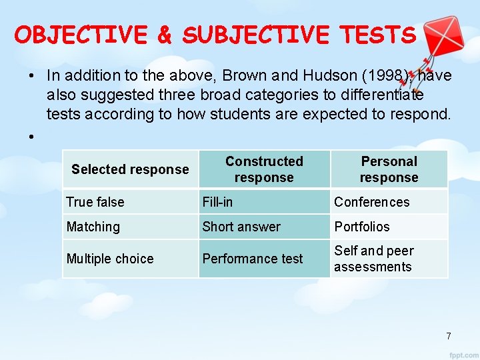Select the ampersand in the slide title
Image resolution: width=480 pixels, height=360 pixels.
click(164, 35)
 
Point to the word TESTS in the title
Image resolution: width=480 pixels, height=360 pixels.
click(381, 35)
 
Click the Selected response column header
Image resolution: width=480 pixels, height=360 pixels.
click(130, 169)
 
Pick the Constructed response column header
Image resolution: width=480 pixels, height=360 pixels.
click(264, 169)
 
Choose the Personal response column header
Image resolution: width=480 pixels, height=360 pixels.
click(389, 169)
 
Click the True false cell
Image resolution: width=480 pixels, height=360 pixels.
click(95, 202)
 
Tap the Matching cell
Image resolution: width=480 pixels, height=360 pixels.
click(93, 227)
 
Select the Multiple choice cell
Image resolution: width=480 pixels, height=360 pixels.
click(110, 259)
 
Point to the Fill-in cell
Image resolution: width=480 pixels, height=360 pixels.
click(217, 202)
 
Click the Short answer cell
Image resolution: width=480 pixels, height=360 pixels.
click(241, 227)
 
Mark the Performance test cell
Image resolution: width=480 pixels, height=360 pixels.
click(253, 259)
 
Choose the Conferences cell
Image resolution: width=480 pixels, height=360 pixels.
click(372, 202)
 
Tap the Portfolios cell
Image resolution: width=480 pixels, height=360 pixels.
click(362, 227)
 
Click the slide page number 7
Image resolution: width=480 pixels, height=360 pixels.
click(449, 336)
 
